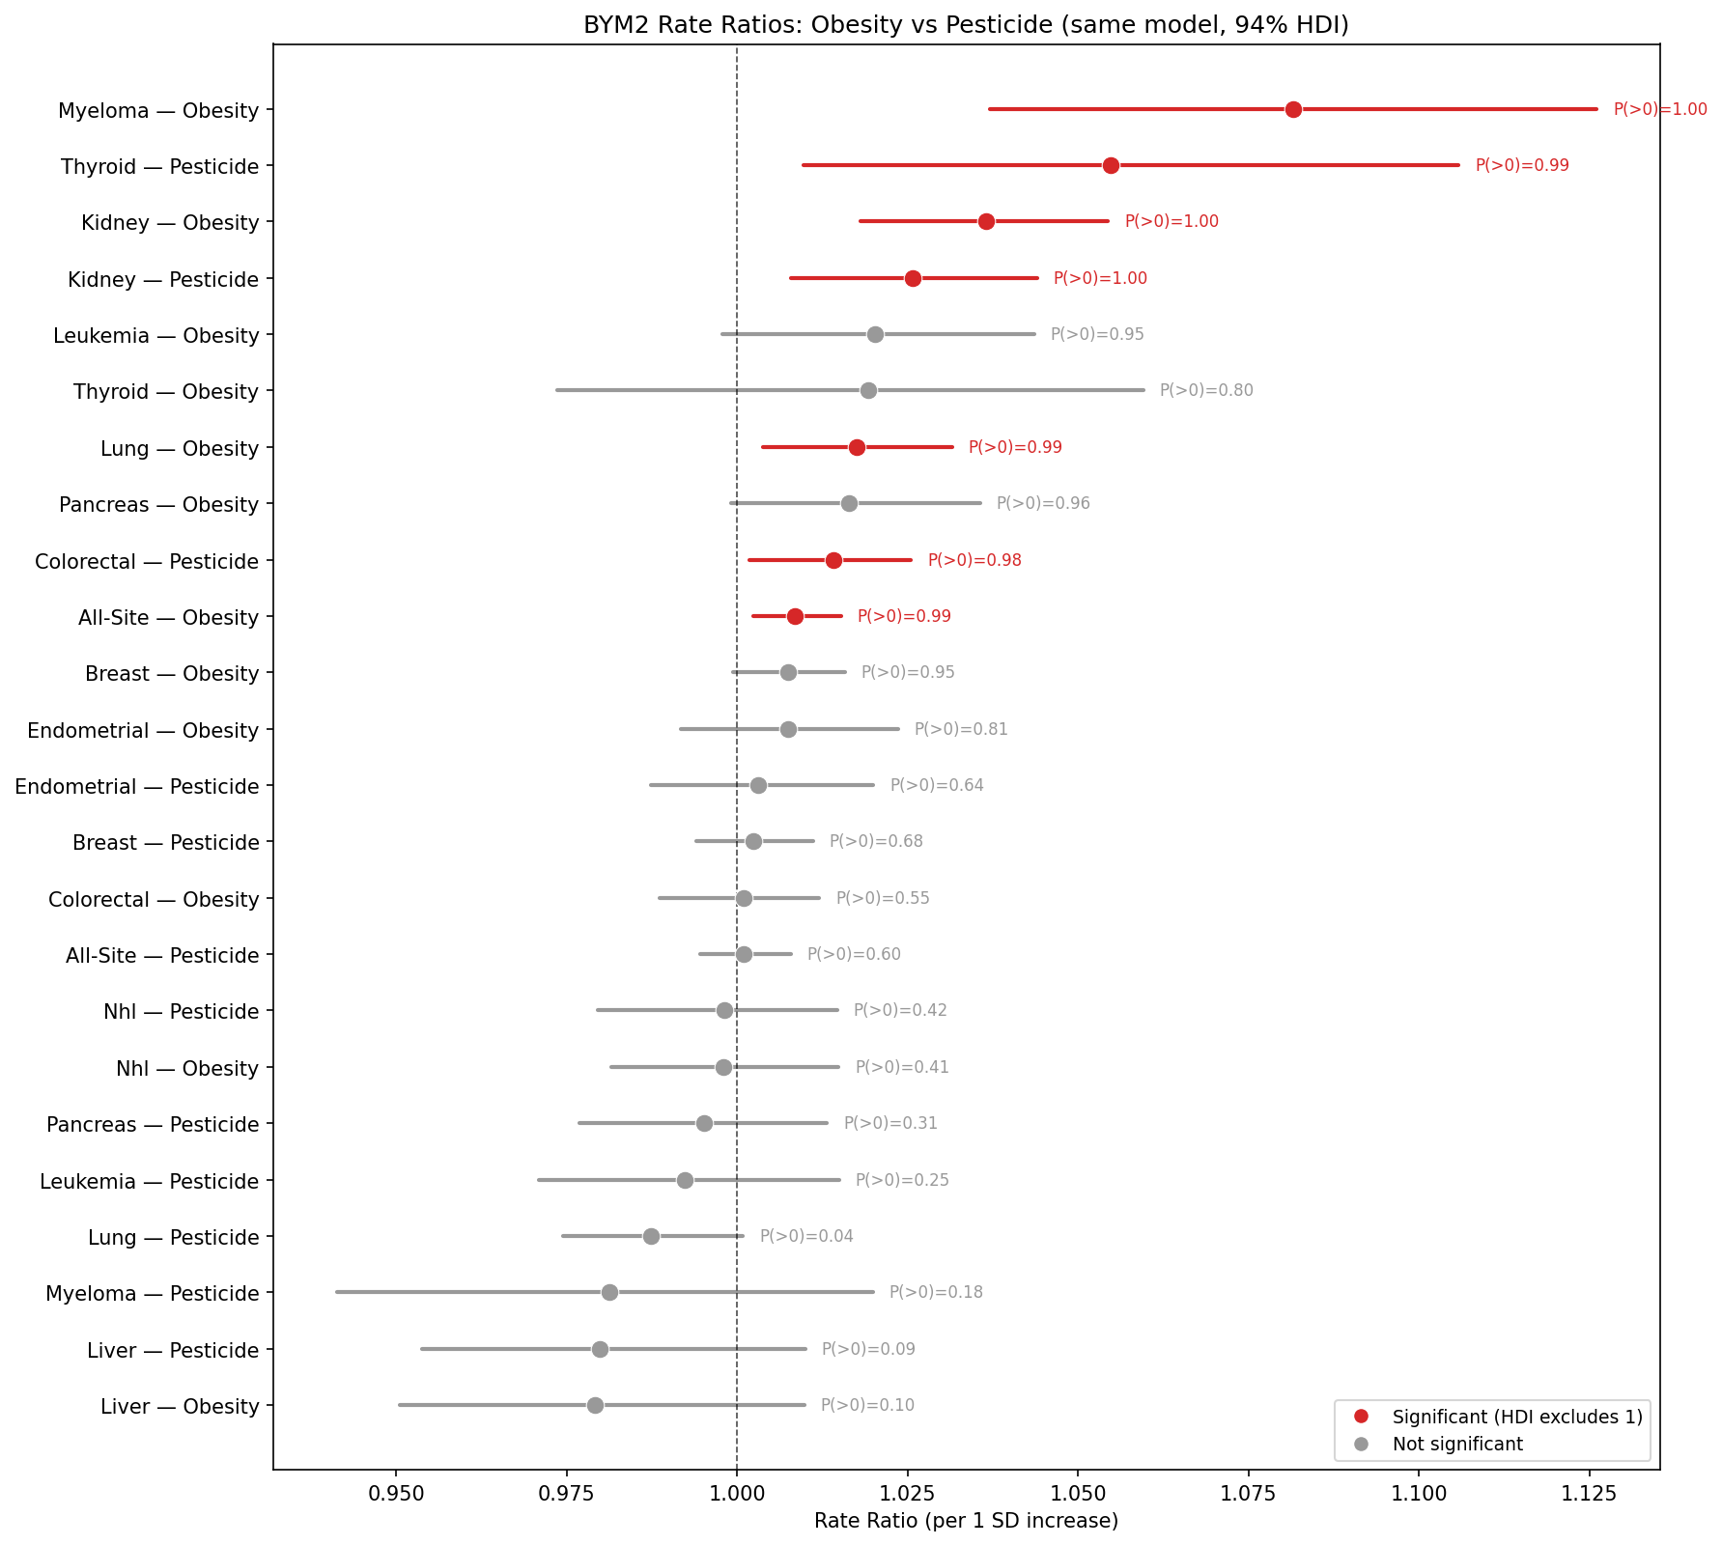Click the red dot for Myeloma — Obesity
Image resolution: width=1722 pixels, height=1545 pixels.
pos(1293,109)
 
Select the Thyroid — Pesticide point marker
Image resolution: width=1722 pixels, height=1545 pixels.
pos(1111,166)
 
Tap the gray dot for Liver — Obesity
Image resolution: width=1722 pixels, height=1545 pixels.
pos(595,1405)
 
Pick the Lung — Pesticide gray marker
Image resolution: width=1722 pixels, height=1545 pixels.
pos(651,1236)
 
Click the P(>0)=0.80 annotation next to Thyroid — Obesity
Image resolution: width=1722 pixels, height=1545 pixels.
pos(1206,391)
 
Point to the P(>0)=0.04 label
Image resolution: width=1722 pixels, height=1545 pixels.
pos(806,1236)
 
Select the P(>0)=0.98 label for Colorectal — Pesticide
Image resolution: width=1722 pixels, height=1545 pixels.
pos(974,560)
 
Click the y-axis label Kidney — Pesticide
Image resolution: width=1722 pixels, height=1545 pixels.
pos(163,280)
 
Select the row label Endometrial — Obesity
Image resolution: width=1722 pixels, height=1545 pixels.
pos(143,731)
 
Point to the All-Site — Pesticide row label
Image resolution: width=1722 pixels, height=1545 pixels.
pos(162,956)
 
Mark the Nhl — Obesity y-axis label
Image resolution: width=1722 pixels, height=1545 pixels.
pos(187,1069)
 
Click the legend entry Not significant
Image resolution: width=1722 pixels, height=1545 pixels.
pos(1457,1445)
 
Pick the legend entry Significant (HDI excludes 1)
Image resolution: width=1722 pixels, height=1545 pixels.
pos(1516,1417)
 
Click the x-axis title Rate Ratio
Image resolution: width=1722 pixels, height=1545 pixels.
pos(966,1522)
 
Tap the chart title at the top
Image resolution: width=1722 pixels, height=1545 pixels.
pos(966,26)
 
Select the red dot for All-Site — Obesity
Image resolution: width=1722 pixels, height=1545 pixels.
pos(795,616)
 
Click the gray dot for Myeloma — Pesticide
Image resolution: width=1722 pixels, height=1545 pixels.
pos(609,1292)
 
